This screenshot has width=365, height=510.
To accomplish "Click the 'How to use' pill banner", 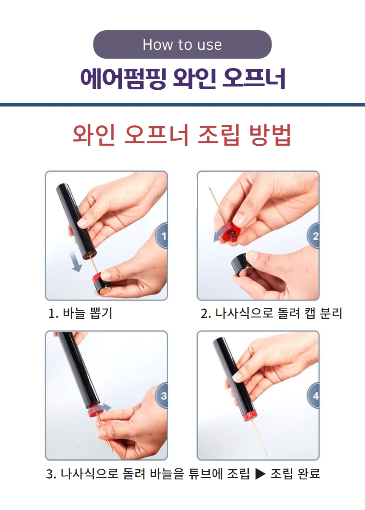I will point(182,44).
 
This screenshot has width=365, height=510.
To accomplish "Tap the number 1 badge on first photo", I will point(163,235).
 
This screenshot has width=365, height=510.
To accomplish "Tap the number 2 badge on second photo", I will point(314,235).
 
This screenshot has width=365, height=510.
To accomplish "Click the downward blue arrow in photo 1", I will point(76,261).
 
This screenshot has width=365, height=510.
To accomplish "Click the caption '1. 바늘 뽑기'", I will point(80,314).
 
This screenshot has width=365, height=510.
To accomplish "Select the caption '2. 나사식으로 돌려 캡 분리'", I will point(271,314).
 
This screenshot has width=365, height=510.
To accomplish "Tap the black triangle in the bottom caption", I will point(260,473).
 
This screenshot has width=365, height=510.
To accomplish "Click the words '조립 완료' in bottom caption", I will point(295,473).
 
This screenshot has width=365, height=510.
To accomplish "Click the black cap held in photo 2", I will point(241,265).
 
